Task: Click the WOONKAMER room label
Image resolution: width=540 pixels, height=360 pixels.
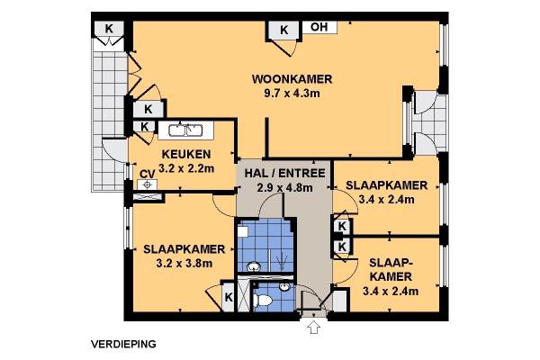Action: click(x=292, y=79)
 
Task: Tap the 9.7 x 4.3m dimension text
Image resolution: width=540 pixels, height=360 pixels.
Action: click(x=292, y=94)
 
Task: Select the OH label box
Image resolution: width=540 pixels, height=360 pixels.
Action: click(x=319, y=27)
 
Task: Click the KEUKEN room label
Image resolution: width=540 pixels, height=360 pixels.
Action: click(x=186, y=154)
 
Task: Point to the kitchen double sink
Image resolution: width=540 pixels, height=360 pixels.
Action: click(x=185, y=130)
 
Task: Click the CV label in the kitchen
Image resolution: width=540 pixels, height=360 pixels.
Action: click(x=147, y=175)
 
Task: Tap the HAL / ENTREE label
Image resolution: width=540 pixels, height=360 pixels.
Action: click(x=284, y=173)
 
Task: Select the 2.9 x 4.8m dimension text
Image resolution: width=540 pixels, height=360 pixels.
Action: click(x=284, y=188)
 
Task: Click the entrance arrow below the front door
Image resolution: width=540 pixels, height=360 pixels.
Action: click(x=314, y=327)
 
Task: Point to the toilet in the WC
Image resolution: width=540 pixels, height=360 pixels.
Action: click(x=263, y=301)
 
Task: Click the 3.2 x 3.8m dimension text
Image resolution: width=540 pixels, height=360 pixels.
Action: click(x=184, y=264)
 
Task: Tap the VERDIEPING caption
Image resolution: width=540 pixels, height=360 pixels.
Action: click(x=123, y=344)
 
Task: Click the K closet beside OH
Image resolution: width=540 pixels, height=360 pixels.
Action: click(x=283, y=30)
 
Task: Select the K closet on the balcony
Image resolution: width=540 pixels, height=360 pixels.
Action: click(x=109, y=29)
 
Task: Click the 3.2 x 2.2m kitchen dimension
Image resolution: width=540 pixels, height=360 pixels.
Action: click(x=186, y=168)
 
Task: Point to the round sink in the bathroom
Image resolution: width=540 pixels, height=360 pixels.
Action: click(x=254, y=266)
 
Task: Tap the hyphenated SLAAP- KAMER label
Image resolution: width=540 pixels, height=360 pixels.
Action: click(x=391, y=269)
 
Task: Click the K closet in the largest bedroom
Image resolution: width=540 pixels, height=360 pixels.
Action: click(x=229, y=297)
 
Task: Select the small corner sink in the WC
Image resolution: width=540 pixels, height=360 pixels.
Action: click(x=284, y=286)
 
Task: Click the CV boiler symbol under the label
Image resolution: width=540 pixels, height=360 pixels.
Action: click(x=147, y=185)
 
